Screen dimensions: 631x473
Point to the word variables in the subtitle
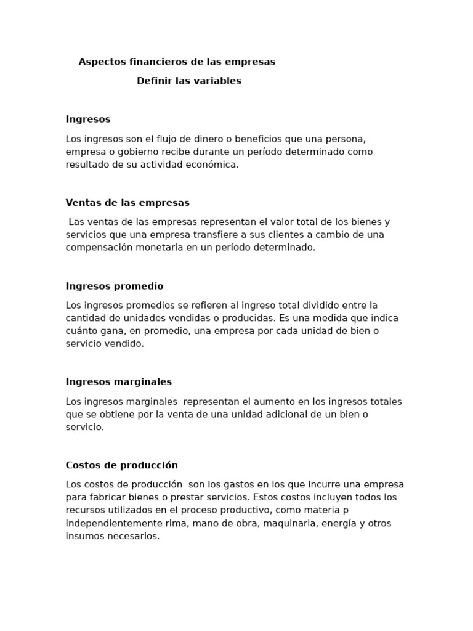point(217,81)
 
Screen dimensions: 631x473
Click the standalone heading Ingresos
point(88,120)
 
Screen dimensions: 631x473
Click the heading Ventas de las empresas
point(127,203)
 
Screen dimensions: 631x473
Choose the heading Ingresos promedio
point(115,287)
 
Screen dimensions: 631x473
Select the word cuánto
point(82,332)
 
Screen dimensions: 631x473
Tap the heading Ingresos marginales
point(119,382)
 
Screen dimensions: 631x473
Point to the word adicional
point(283,415)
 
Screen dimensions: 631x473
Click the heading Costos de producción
point(122,465)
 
